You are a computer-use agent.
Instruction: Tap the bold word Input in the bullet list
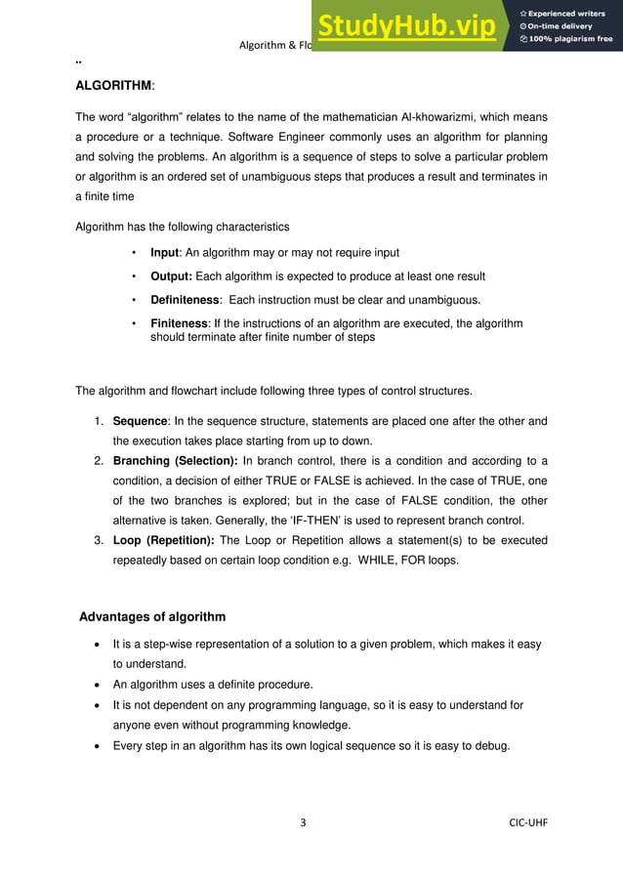[164, 253]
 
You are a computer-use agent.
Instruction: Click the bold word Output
[170, 276]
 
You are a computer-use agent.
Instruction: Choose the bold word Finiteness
[179, 323]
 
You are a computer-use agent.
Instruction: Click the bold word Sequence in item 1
[141, 421]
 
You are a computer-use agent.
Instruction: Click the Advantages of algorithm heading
[152, 616]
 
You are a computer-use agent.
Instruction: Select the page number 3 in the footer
[303, 822]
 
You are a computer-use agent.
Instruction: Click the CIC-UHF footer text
[528, 822]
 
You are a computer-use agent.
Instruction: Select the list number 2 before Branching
[99, 461]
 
